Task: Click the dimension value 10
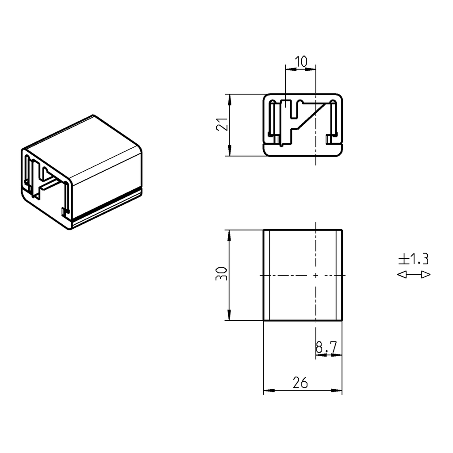(x=301, y=62)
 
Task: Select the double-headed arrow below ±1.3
(x=414, y=275)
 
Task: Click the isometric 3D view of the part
(x=82, y=173)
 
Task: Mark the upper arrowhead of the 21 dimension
(x=230, y=98)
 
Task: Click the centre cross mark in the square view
(x=315, y=275)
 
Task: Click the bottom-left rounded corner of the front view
(x=266, y=153)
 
